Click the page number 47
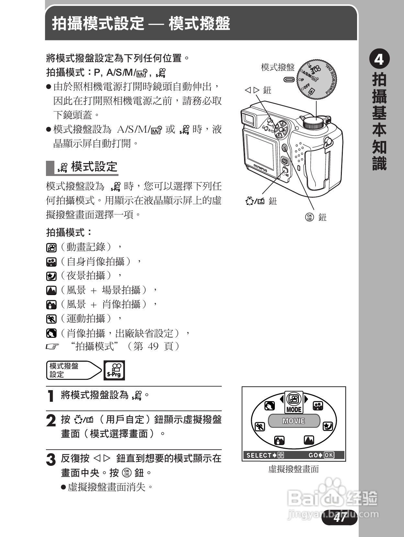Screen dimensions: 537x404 [x=340, y=518]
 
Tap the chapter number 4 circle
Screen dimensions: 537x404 [x=379, y=60]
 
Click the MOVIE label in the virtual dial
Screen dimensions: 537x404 [x=294, y=421]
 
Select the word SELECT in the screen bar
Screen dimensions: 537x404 [x=259, y=455]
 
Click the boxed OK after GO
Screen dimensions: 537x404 [x=329, y=455]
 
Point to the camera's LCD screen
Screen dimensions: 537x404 [x=260, y=149]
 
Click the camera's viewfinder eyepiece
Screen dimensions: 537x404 [x=249, y=119]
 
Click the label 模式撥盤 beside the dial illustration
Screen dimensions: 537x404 [x=278, y=67]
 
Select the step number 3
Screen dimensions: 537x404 [x=51, y=460]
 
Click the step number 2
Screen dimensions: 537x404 [x=51, y=421]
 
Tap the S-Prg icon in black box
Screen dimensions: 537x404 [x=114, y=370]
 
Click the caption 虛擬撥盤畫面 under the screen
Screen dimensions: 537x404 [x=294, y=469]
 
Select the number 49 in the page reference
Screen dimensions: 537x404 [x=153, y=346]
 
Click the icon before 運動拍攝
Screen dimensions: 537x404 [x=51, y=319]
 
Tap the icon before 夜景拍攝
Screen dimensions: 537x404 [x=51, y=276]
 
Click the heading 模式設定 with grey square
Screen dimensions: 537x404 [x=94, y=167]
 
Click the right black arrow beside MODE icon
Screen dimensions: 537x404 [x=306, y=399]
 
